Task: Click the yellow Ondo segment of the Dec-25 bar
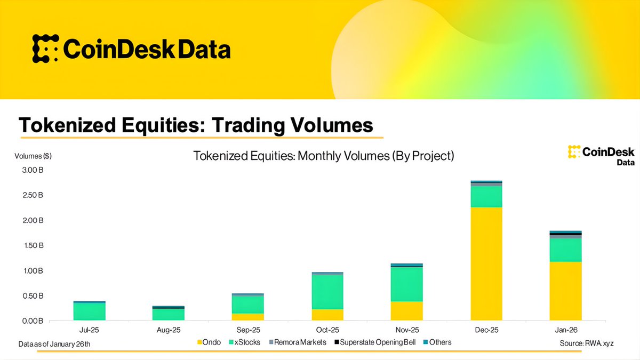pos(486,263)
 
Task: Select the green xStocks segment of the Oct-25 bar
pos(327,292)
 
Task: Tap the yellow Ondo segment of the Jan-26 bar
pos(565,291)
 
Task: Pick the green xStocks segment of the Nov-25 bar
pos(407,284)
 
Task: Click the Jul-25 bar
pos(90,311)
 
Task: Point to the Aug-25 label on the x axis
pos(169,331)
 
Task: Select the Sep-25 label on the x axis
pos(248,331)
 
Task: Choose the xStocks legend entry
pos(245,342)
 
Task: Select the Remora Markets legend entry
pos(297,342)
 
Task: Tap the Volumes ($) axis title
pos(33,156)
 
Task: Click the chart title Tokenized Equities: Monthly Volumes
pos(323,156)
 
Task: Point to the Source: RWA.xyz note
pos(587,343)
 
